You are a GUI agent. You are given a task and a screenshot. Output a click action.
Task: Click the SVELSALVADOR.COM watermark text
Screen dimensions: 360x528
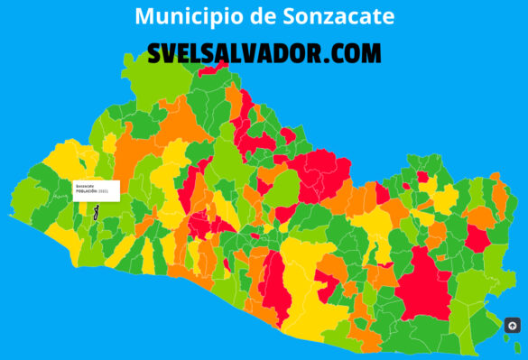pos(264,53)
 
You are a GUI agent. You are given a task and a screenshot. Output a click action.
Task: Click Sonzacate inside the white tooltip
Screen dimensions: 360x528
pos(86,186)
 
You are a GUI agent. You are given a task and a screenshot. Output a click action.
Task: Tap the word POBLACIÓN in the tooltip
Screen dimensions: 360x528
pos(87,191)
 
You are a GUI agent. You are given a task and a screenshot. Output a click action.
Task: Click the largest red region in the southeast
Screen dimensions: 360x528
pos(422,285)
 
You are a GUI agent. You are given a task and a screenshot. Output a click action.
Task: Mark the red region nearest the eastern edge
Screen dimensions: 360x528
pos(477,238)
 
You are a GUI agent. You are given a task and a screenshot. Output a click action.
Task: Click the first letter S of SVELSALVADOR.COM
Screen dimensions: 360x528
pos(155,53)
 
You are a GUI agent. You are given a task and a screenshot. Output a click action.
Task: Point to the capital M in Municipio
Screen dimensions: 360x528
pos(144,16)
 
